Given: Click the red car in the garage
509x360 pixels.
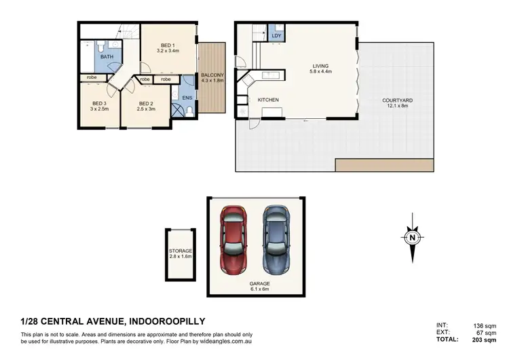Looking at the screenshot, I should pyautogui.click(x=233, y=238).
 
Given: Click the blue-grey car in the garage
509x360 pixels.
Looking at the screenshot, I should pyautogui.click(x=276, y=238).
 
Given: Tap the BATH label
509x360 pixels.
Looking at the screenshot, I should pyautogui.click(x=107, y=57).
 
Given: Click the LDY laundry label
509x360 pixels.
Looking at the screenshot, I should pyautogui.click(x=276, y=35).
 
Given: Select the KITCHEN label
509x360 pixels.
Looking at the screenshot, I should pyautogui.click(x=268, y=101).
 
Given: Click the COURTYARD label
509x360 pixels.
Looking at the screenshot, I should pyautogui.click(x=397, y=101).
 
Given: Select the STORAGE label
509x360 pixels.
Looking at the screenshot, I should pyautogui.click(x=181, y=251).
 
